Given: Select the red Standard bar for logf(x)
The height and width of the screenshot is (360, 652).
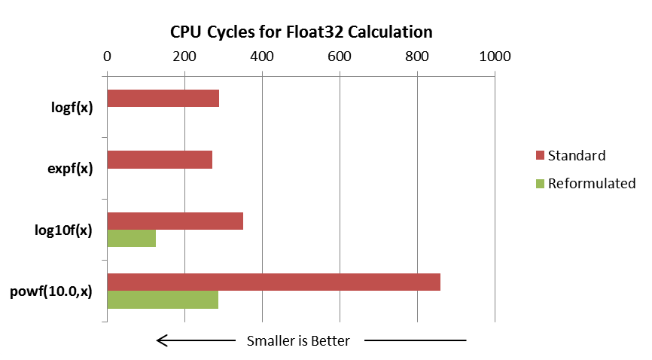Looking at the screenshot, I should pos(163,98).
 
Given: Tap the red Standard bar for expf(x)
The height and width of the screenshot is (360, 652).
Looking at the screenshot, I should pos(160,160).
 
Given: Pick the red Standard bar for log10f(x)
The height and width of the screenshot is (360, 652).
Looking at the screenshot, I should pos(175,221).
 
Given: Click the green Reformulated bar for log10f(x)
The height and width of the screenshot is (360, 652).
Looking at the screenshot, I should pos(132,238).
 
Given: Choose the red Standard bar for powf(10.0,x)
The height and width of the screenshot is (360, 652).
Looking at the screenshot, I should pos(274,282).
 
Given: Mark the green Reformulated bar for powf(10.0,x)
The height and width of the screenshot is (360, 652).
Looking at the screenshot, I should pos(163,300).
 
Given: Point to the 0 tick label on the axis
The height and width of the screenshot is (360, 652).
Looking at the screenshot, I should pos(107,56).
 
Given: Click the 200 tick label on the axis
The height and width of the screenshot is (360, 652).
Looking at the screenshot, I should pos(184,56).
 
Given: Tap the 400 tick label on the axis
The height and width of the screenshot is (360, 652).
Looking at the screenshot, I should pos(262,56).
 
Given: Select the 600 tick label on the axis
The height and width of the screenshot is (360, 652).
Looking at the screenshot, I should pos(340,56).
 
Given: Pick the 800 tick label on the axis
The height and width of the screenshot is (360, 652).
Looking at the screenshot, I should pos(417,56).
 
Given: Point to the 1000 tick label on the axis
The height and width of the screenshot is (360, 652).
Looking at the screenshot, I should pos(495,56).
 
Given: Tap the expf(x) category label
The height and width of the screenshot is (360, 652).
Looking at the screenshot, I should pos(69,168).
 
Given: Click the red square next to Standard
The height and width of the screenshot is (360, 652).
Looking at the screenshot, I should pos(539,156).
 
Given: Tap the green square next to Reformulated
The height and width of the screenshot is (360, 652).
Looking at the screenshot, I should pos(539,184).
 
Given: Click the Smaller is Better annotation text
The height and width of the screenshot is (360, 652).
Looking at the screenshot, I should pos(298,341).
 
